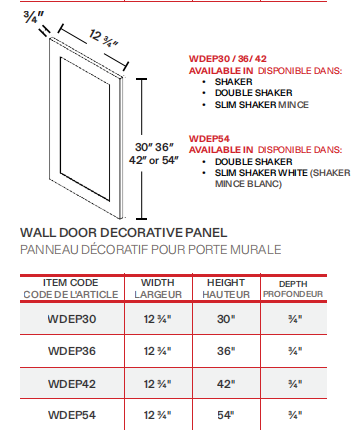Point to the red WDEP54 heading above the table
point(210,139)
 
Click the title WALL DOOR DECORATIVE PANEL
point(123,232)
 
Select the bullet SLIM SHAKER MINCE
point(259,105)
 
